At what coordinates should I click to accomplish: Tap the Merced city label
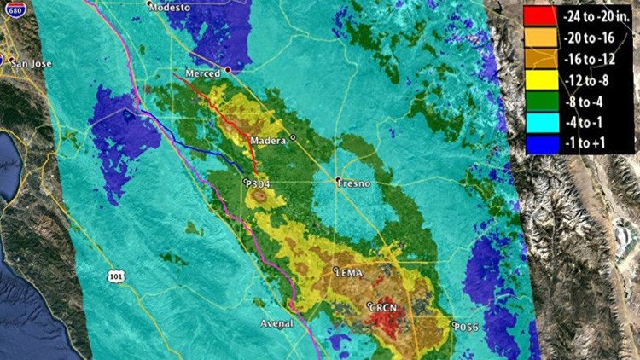pyautogui.click(x=203, y=73)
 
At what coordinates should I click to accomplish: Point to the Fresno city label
pyautogui.click(x=353, y=183)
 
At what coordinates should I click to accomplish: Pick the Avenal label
pyautogui.click(x=276, y=323)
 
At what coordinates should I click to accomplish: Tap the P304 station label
pyautogui.click(x=259, y=183)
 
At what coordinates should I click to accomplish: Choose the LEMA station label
pyautogui.click(x=352, y=273)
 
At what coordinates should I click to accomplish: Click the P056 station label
pyautogui.click(x=467, y=325)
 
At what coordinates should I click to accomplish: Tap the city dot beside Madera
pyautogui.click(x=292, y=136)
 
